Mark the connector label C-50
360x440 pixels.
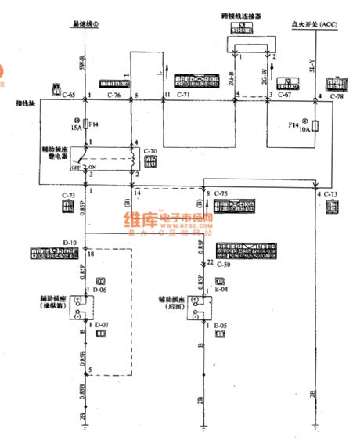tap(225, 265)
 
